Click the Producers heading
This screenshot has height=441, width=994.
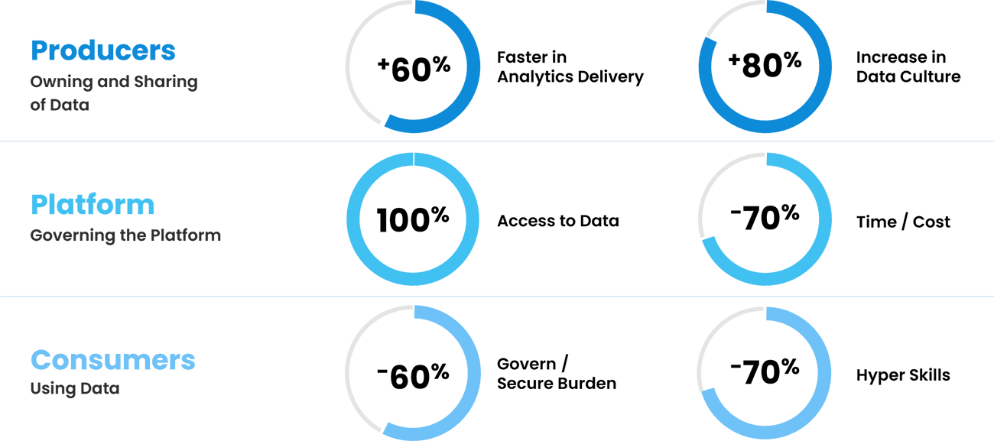tap(103, 50)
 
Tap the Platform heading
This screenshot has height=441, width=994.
tap(93, 205)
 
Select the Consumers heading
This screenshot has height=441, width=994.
tap(113, 360)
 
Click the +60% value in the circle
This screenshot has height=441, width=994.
tap(414, 69)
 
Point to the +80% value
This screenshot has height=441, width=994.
tap(765, 65)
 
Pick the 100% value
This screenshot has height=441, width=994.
tap(413, 219)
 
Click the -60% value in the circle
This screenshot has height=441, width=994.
tap(413, 376)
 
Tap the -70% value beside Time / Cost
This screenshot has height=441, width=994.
tap(765, 217)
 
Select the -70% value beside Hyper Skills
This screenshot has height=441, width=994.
tap(765, 371)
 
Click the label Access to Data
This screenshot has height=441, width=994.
tap(558, 220)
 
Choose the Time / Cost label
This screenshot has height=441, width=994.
tap(903, 222)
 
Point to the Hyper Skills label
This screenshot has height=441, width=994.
tap(903, 375)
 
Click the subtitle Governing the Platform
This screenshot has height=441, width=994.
tap(125, 235)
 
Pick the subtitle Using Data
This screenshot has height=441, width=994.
tap(75, 389)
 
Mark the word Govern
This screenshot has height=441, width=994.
tap(526, 364)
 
